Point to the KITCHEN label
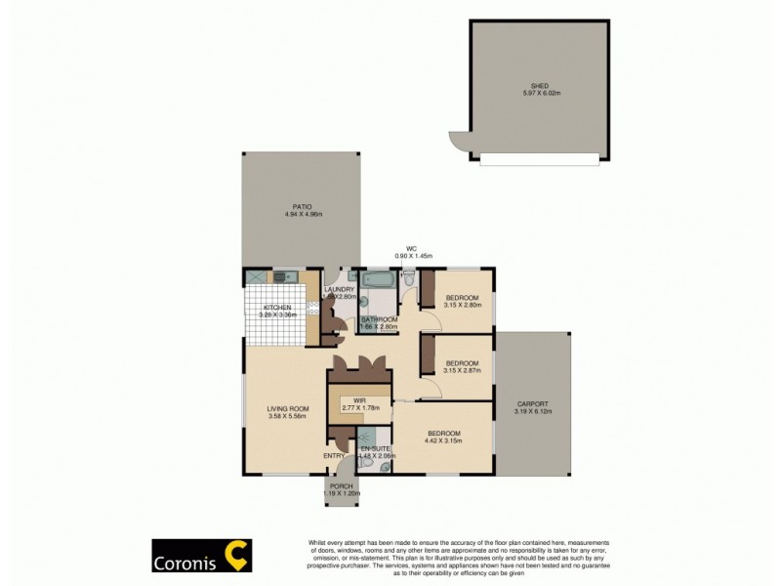click(x=276, y=308)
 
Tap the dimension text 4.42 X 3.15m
click(x=443, y=440)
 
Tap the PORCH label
click(x=342, y=486)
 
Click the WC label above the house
click(x=412, y=248)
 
